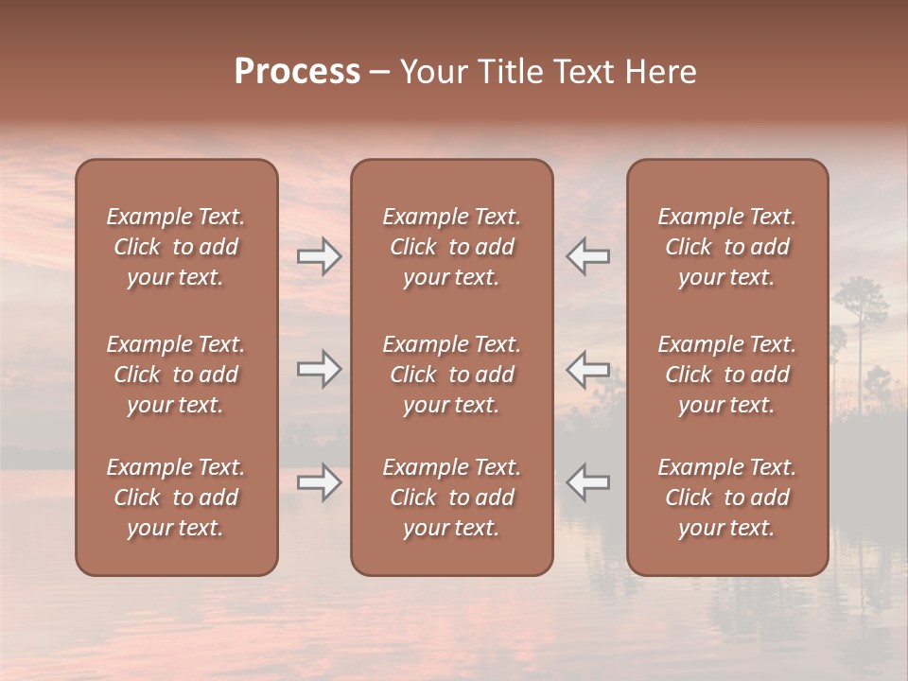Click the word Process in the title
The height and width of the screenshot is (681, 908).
pos(297,72)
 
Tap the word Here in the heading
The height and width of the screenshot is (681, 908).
pos(660,72)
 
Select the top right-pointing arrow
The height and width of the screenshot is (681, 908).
pos(319,256)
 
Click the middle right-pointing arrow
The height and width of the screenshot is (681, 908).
pos(319,369)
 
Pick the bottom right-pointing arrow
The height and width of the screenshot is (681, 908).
pos(319,482)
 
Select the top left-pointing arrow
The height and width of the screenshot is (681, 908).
pos(588,256)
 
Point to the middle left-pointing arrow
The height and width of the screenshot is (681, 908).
pos(588,369)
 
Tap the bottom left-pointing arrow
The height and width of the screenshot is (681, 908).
pos(588,482)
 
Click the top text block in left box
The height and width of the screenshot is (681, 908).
pos(176,247)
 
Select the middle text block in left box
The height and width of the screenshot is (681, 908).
pos(176,375)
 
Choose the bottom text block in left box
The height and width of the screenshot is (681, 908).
pos(176,498)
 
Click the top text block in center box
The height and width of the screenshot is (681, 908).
pos(451,247)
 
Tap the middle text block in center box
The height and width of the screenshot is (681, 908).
pos(451,375)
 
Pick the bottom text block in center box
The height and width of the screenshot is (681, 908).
pos(451,498)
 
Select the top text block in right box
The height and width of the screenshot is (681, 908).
pos(726,247)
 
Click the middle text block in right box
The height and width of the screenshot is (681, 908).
pos(726,375)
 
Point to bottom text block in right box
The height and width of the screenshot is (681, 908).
pos(726,498)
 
